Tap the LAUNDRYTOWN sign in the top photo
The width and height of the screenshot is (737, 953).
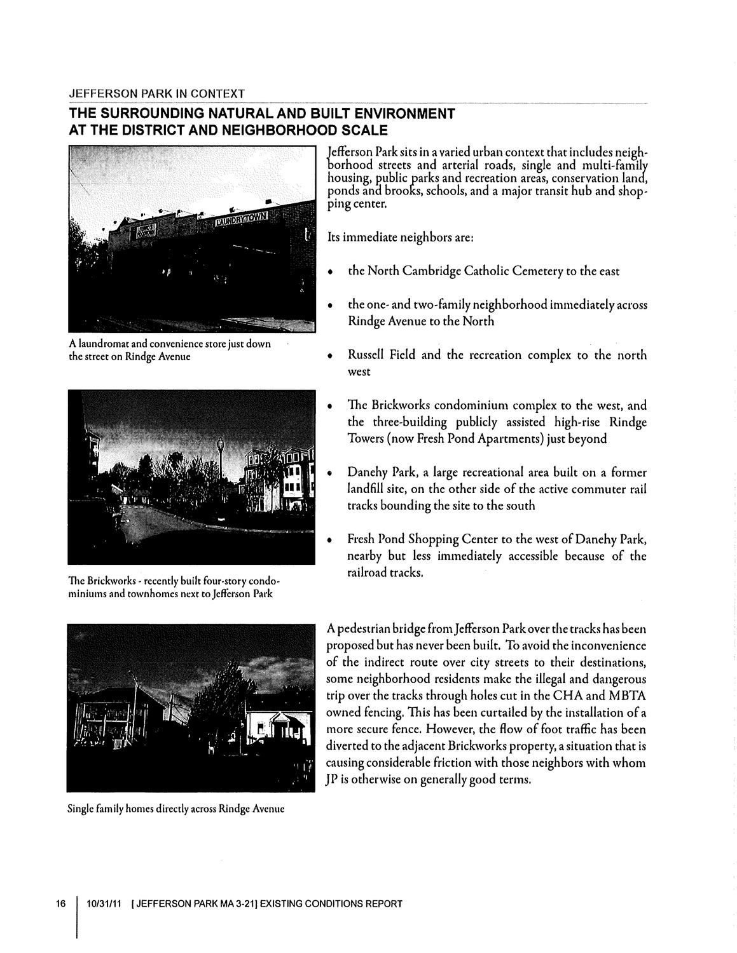pos(241,220)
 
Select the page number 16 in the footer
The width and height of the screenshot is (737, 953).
pos(61,903)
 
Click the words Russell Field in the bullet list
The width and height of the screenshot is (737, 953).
pos(380,355)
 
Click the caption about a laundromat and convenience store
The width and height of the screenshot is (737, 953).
pos(169,350)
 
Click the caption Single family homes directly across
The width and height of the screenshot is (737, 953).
pos(175,809)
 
